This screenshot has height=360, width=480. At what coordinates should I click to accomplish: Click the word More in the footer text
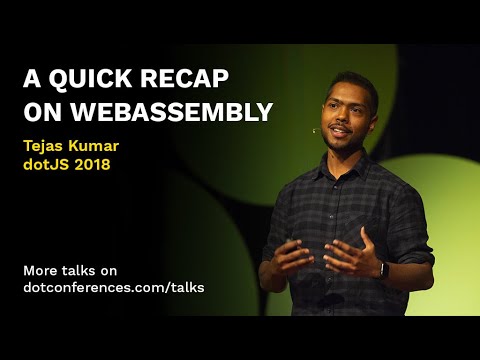coord(40,269)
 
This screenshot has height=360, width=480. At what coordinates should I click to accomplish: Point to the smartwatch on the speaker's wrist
coord(382,268)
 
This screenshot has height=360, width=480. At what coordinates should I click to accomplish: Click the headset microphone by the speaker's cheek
coord(315,130)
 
